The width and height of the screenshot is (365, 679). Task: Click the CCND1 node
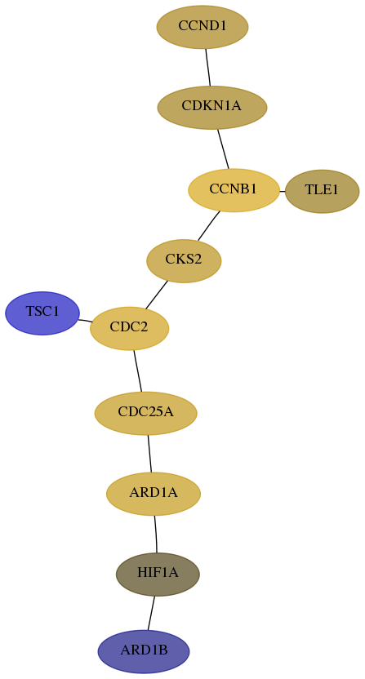[203, 27]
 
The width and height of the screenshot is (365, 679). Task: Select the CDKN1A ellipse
[212, 108]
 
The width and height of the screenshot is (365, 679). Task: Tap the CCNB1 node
[234, 190]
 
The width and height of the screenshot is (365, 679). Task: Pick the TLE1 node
[322, 192]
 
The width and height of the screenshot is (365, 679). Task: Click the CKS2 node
[184, 260]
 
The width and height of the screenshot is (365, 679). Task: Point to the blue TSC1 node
[42, 313]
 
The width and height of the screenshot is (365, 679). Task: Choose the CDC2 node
[129, 328]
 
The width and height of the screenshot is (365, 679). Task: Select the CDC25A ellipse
[145, 413]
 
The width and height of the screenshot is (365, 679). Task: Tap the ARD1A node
[154, 494]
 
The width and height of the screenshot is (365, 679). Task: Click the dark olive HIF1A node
[158, 575]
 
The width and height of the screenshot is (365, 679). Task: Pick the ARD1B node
[144, 652]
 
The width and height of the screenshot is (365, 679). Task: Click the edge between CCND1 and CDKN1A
[208, 67]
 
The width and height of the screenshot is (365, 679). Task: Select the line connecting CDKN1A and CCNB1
[223, 149]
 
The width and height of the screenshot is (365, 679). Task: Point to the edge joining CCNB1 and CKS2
[209, 225]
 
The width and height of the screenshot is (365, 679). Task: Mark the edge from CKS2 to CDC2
[157, 295]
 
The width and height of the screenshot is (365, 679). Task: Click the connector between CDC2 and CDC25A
[138, 371]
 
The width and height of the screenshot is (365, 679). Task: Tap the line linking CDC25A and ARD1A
[149, 454]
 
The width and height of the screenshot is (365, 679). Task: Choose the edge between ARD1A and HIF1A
[156, 534]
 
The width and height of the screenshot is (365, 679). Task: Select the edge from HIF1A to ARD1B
[151, 613]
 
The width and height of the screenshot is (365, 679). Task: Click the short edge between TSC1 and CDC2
[85, 321]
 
